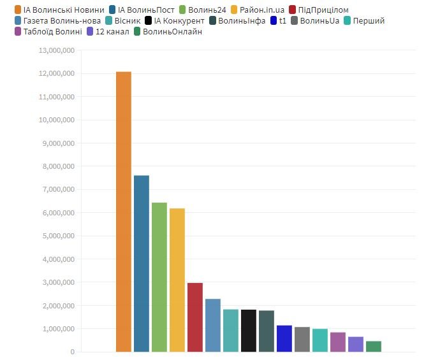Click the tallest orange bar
click(x=124, y=212)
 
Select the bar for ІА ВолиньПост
click(x=142, y=263)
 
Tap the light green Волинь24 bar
click(x=159, y=277)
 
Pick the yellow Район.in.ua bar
click(x=177, y=280)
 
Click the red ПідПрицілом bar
click(x=195, y=317)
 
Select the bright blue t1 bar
click(x=284, y=338)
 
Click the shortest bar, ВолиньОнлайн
click(x=374, y=346)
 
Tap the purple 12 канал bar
click(x=356, y=344)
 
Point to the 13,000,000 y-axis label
click(x=57, y=50)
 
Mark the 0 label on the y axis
click(x=72, y=352)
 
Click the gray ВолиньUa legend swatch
click(x=294, y=20)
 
